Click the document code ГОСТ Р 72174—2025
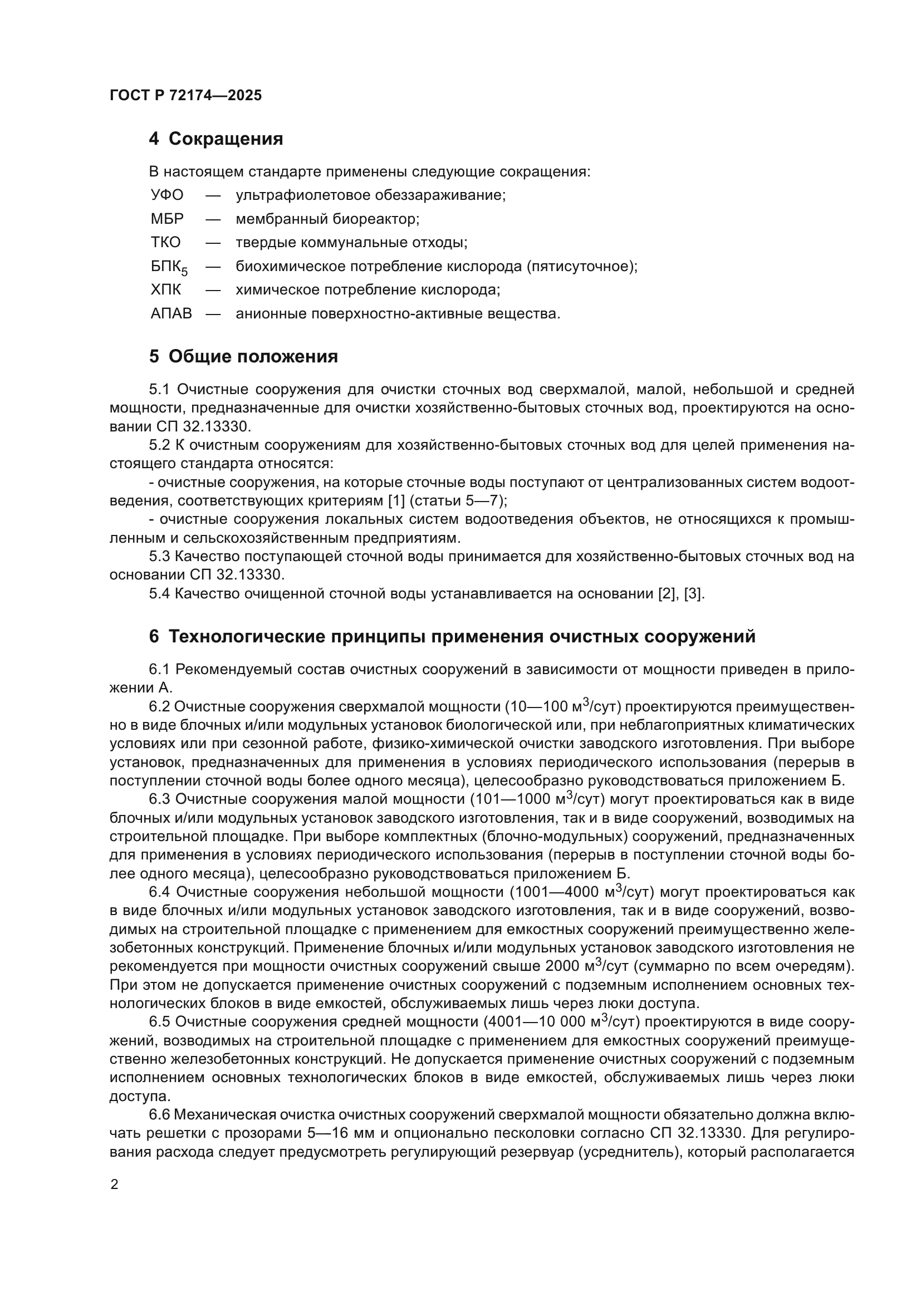coord(185,95)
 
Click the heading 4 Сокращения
coord(215,139)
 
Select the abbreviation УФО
coord(166,195)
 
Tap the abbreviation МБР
coord(166,219)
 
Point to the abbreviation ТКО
coord(165,243)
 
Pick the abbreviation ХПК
coord(165,290)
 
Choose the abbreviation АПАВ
coord(171,313)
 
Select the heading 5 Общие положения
coord(243,357)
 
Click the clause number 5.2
coord(159,445)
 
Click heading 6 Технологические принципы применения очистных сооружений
coord(452,637)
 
